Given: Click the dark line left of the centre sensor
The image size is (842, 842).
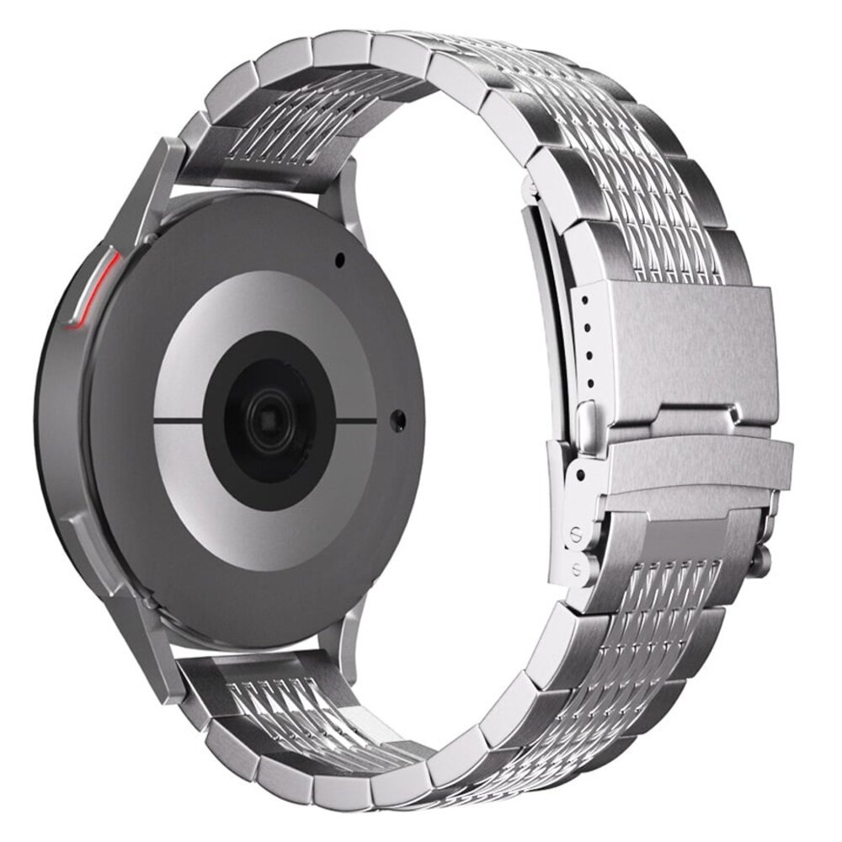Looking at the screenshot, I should tap(179, 419).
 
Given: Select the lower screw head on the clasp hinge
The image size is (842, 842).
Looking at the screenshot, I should tap(577, 566).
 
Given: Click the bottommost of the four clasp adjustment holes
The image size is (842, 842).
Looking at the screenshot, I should tap(589, 383).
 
